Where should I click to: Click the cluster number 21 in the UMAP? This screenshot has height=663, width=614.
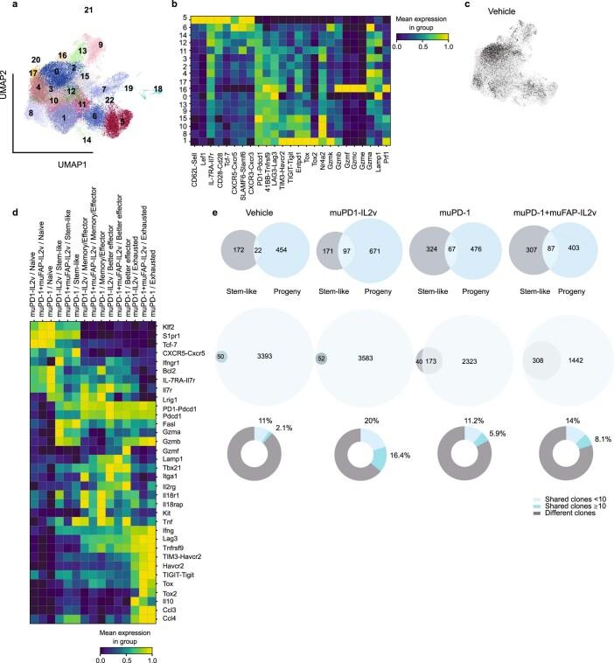click(x=88, y=10)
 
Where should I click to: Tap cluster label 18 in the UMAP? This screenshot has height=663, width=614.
click(x=157, y=89)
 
